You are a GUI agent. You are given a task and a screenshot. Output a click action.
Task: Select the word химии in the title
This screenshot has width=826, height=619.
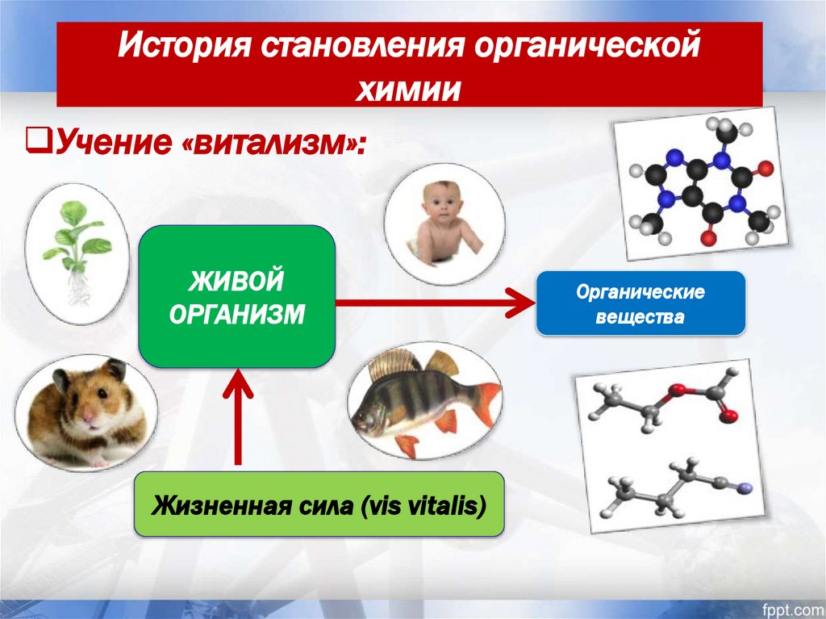[x=409, y=88]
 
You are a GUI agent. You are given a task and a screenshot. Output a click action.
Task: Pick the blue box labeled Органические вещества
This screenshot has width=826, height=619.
[x=640, y=303]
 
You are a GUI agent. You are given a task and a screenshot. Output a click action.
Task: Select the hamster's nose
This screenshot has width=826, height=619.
[x=88, y=418]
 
